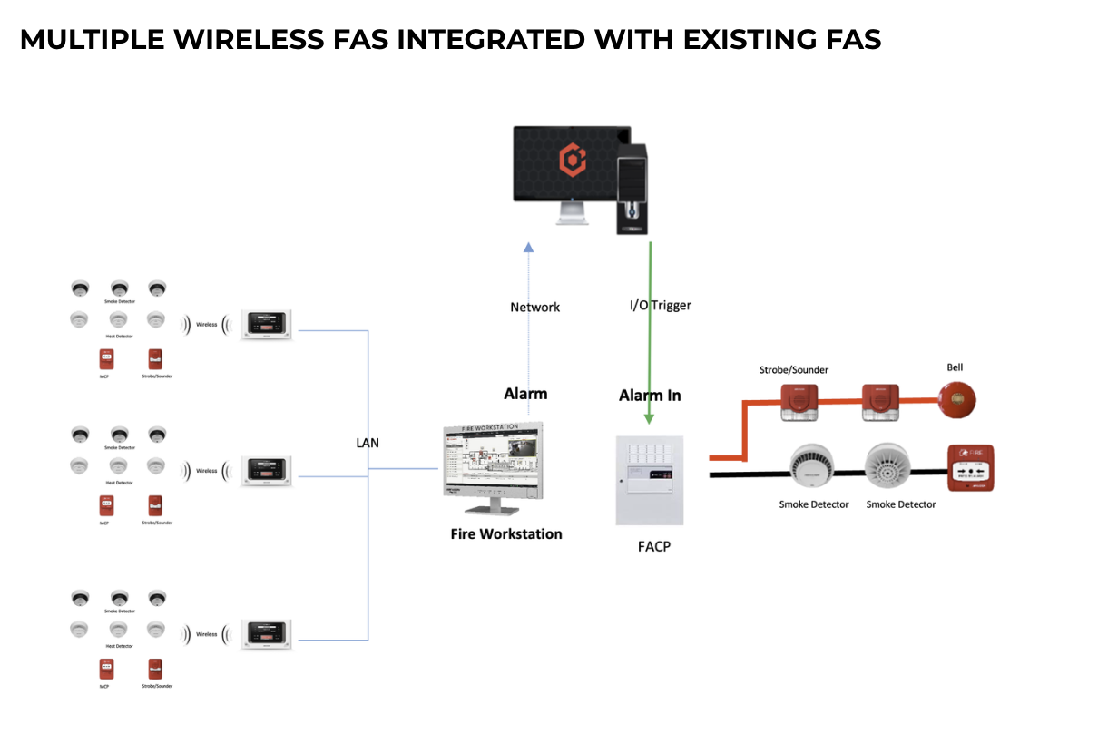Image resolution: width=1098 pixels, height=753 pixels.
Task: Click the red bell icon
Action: (959, 399)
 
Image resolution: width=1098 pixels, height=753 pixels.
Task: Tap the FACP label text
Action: (653, 547)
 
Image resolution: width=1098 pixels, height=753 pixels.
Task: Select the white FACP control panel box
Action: (650, 480)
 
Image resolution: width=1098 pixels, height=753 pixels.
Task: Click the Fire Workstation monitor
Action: (492, 462)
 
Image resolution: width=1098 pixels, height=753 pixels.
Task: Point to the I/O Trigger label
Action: (661, 306)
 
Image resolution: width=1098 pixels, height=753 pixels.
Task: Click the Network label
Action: (535, 308)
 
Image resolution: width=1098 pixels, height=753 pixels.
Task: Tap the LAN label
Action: (368, 443)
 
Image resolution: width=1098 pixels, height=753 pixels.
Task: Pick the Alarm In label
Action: (650, 396)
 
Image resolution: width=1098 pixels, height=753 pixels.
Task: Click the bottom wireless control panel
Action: (269, 634)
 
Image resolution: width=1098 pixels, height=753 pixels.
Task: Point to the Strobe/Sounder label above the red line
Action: (794, 369)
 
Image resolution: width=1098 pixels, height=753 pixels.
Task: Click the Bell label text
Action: (955, 367)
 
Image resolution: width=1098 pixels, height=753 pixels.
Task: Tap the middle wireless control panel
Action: (269, 470)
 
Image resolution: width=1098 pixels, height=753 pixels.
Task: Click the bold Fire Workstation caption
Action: (506, 534)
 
